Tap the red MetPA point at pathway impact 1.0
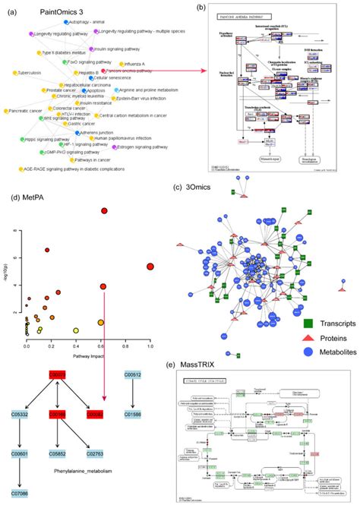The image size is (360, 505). (150, 267)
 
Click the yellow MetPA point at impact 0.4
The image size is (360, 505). (76, 330)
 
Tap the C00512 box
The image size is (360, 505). (134, 373)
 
